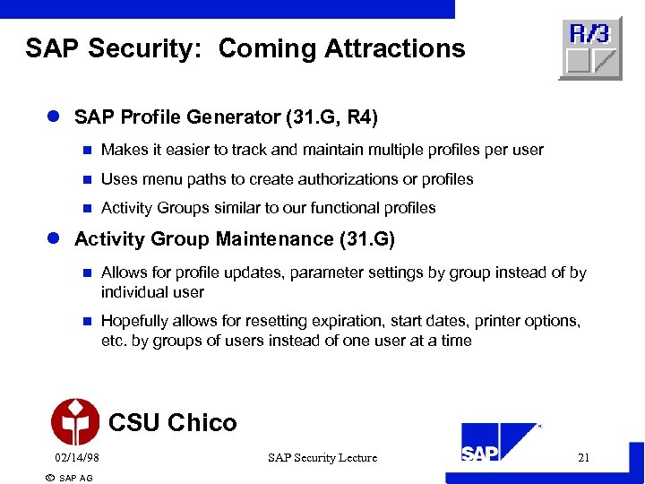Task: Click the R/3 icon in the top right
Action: pos(590,48)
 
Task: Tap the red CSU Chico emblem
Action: pos(75,422)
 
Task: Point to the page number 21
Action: pos(584,458)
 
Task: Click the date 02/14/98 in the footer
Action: pos(76,458)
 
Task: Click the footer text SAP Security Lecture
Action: pos(322,458)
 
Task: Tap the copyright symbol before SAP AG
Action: pos(49,478)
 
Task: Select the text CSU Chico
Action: pos(172,422)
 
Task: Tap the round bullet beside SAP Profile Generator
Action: pos(53,117)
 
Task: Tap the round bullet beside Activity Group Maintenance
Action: pos(53,239)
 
